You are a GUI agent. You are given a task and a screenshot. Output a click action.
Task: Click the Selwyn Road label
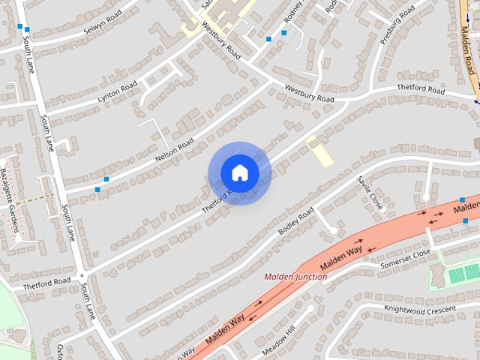pyautogui.click(x=103, y=19)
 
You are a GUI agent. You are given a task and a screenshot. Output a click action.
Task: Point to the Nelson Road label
pyautogui.click(x=174, y=150)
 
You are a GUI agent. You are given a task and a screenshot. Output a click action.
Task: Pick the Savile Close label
pyautogui.click(x=370, y=193)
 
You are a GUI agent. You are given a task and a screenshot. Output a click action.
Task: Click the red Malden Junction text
pyautogui.click(x=295, y=277)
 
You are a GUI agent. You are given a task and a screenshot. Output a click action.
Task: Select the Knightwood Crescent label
pyautogui.click(x=419, y=310)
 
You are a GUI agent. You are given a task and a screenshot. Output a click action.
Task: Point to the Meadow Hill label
pyautogui.click(x=280, y=342)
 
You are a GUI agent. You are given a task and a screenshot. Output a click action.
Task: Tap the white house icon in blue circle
pyautogui.click(x=239, y=173)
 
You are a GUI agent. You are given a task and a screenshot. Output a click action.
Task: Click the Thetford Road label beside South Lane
pyautogui.click(x=46, y=283)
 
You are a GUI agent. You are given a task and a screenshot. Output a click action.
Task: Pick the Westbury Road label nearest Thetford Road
pyautogui.click(x=309, y=93)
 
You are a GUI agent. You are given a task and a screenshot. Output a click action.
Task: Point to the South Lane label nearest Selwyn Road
pyautogui.click(x=28, y=56)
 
